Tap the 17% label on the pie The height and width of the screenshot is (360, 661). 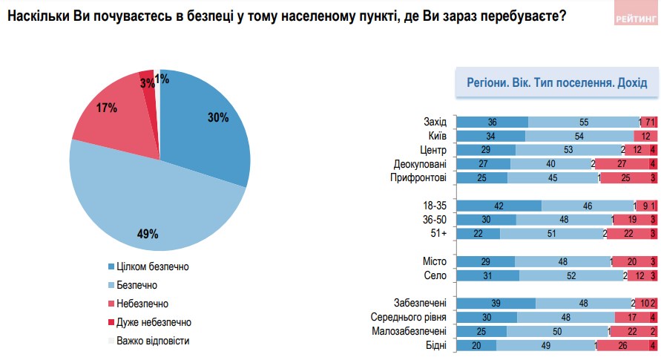(x=107, y=108)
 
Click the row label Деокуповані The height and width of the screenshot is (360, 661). (x=418, y=163)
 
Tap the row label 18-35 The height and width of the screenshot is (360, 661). (x=434, y=205)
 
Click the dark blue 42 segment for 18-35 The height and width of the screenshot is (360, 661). (x=499, y=205)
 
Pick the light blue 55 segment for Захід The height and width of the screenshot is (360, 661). (x=583, y=122)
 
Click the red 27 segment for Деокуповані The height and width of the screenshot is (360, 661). (x=622, y=163)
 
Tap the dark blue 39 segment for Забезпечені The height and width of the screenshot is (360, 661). (x=495, y=303)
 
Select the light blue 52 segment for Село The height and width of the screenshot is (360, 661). (x=570, y=275)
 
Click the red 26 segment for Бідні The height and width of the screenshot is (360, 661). (x=622, y=345)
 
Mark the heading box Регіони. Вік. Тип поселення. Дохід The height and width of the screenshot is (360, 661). (x=556, y=82)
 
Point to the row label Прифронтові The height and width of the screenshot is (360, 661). (x=418, y=177)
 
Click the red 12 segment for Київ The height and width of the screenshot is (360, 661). (x=645, y=136)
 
